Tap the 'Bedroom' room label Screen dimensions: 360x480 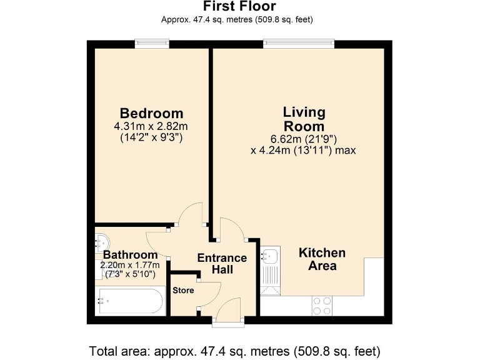click(x=151, y=113)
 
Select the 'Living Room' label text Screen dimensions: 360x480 click(x=304, y=119)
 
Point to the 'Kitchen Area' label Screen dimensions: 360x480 click(x=322, y=259)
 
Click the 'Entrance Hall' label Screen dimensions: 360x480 click(x=222, y=264)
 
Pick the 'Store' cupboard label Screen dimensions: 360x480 click(x=184, y=291)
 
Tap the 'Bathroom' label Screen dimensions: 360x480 click(x=130, y=255)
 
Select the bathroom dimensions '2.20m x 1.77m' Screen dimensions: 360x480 click(x=130, y=265)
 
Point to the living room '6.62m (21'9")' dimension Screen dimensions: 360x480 click(x=304, y=139)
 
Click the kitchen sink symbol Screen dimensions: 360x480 click(x=271, y=256)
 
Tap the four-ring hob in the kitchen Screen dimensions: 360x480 click(x=322, y=306)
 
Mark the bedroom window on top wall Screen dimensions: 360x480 click(x=152, y=43)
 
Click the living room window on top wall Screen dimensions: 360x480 click(x=299, y=43)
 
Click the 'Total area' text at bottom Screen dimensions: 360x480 click(x=234, y=350)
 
